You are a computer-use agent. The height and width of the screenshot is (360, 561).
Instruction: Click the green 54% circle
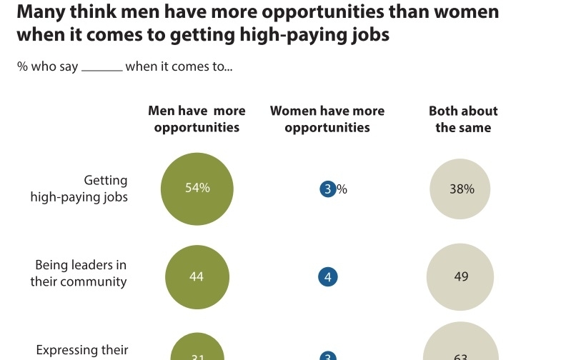(x=197, y=189)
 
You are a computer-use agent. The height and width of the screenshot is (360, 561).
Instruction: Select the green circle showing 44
(x=197, y=277)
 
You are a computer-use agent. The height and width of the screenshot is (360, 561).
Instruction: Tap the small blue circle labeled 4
(x=328, y=277)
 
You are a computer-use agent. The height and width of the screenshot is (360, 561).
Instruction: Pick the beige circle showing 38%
(x=461, y=189)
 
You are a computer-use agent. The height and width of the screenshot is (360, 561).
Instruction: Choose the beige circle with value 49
(x=461, y=277)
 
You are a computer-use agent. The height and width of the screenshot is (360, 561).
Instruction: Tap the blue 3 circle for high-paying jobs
(x=328, y=189)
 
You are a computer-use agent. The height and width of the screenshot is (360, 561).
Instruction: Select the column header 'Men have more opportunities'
(x=197, y=119)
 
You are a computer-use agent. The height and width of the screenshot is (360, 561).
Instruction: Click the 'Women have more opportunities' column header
(x=327, y=119)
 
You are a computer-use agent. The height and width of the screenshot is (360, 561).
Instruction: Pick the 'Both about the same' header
(x=463, y=119)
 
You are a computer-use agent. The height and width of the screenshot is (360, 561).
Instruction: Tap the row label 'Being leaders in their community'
(x=79, y=274)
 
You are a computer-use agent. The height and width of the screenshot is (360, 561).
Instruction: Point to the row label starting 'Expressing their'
(x=82, y=350)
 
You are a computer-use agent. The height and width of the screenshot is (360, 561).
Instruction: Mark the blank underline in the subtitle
(x=102, y=69)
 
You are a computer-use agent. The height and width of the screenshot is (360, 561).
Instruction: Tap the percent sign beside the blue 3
(x=342, y=189)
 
